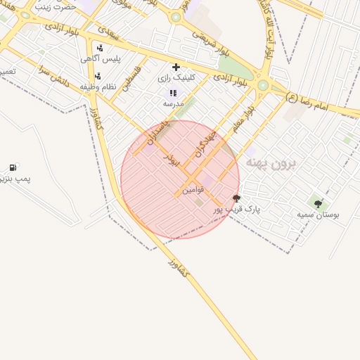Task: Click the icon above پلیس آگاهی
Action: coord(100,48)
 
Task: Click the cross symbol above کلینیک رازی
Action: coord(176,67)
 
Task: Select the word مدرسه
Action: coord(173,103)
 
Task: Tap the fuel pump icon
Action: coord(13,167)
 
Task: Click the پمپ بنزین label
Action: coord(14,179)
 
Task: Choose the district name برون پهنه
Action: coord(271,163)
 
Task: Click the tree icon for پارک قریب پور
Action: coord(236,198)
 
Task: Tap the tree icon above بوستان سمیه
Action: coord(318,203)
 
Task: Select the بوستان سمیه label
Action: coord(317,214)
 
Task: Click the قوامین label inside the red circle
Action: coord(193,190)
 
